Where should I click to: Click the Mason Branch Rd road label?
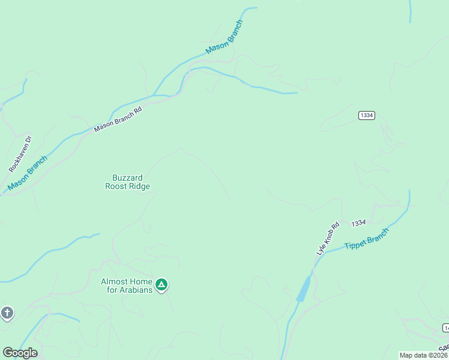[118, 119]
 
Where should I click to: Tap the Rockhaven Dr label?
[20, 154]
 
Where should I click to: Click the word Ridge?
[142, 187]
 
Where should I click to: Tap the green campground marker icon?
[161, 284]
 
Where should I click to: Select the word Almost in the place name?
[115, 281]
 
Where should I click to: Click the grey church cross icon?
[7, 313]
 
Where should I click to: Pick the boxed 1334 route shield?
[366, 115]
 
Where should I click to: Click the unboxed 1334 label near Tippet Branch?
[359, 223]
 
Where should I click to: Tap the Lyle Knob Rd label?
[328, 239]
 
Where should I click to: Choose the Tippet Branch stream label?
[366, 239]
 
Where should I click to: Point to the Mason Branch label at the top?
[224, 37]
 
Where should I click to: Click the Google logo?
[20, 353]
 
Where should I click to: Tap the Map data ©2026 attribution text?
[424, 355]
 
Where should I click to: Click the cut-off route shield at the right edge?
[446, 328]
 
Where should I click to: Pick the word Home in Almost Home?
[141, 281]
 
